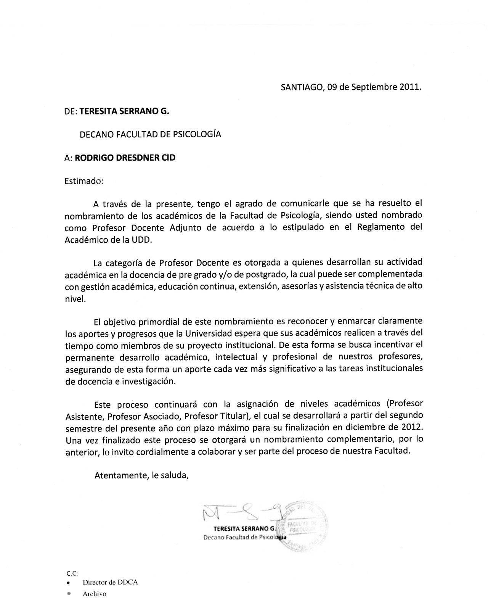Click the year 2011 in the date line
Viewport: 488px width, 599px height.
(409, 87)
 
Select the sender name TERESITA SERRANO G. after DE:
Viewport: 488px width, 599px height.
(124, 111)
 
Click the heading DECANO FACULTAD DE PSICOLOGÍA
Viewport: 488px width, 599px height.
(150, 134)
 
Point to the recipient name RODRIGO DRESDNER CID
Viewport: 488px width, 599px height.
(125, 158)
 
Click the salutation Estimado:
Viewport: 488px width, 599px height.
(84, 181)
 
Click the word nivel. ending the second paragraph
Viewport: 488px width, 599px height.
(75, 299)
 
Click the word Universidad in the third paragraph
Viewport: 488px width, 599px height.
(209, 334)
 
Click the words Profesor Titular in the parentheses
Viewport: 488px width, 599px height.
(217, 415)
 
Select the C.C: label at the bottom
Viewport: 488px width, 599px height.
(72, 573)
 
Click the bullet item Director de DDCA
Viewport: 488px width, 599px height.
(110, 583)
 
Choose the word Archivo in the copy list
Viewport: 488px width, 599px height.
(95, 594)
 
